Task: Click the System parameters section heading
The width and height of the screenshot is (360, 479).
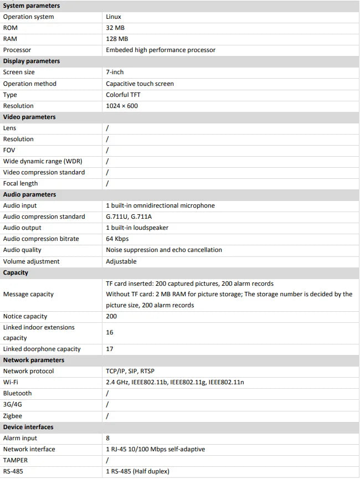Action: tap(32, 6)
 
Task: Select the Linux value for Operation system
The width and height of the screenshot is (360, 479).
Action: tap(114, 17)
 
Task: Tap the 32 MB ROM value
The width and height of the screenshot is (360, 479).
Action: tap(116, 28)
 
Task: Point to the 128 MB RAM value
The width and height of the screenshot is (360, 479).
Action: tap(117, 39)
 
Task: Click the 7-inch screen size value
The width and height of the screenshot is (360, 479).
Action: tap(115, 73)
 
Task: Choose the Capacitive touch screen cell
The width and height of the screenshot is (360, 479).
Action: tap(140, 84)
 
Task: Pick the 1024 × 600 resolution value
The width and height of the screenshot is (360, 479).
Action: tap(122, 106)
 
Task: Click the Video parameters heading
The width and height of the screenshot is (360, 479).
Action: tap(29, 117)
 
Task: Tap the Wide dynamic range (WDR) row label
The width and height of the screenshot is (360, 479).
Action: tap(42, 161)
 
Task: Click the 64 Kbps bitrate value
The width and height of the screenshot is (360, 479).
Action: tap(117, 239)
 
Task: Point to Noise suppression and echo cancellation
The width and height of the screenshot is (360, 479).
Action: tap(164, 250)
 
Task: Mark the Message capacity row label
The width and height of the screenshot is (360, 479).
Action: tap(28, 294)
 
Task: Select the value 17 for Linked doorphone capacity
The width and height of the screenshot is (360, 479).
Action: tap(110, 349)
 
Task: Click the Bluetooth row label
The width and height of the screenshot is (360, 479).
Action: tap(18, 393)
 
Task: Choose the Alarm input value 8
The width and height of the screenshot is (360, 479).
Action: tap(108, 438)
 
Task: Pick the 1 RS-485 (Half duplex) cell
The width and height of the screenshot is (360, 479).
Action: tap(138, 471)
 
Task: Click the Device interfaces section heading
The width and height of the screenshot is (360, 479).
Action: tap(28, 427)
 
